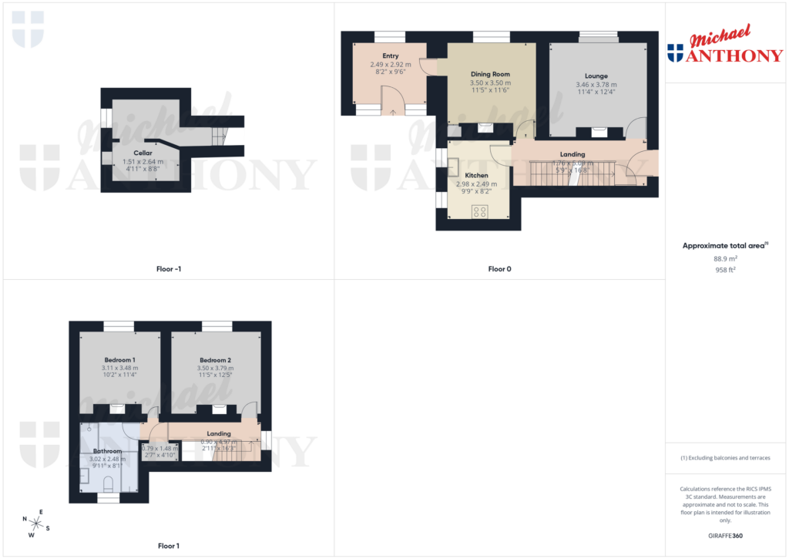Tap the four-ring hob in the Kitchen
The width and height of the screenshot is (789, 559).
482,210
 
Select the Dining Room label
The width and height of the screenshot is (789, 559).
490,75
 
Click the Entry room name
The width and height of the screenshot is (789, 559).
390,56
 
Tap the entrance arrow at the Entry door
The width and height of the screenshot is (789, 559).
393,113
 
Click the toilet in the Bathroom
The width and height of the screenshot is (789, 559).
108,483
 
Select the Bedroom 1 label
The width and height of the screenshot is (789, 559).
119,360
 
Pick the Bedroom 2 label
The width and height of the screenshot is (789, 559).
215,360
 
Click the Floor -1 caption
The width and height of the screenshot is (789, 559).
168,269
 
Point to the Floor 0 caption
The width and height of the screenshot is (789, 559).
499,269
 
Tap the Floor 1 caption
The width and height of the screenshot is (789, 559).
168,546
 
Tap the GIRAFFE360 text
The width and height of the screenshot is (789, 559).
725,535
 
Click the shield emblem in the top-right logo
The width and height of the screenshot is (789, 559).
675,52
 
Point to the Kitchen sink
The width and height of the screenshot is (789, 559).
453,167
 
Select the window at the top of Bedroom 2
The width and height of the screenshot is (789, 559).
217,325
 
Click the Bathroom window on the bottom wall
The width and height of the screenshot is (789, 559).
108,499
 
